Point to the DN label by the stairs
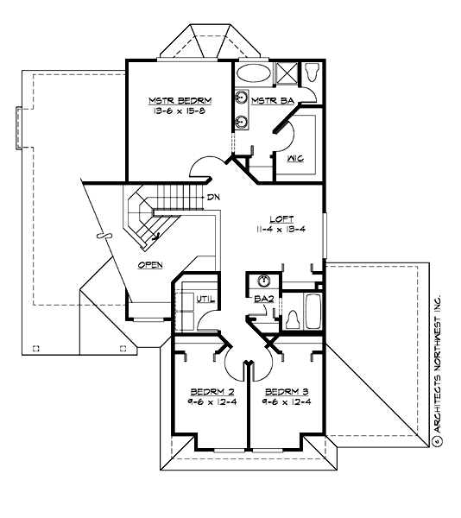pyautogui.click(x=212, y=198)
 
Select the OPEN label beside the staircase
pyautogui.click(x=151, y=265)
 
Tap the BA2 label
pyautogui.click(x=263, y=299)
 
